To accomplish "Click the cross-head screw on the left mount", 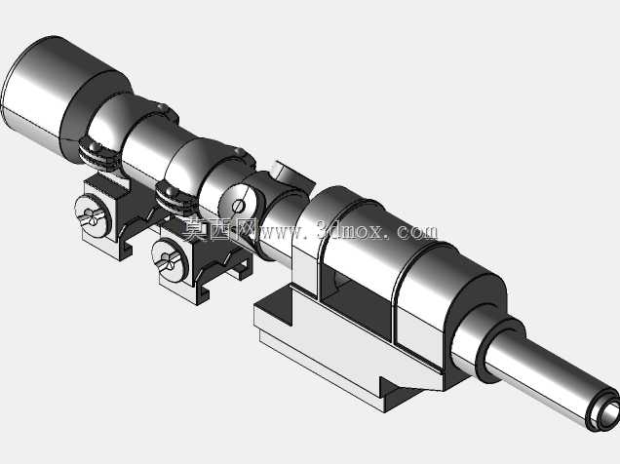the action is pos(92,216).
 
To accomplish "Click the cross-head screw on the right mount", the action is pos(170,261).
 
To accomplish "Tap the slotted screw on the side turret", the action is pos(239,206).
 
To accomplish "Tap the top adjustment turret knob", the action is pos(291,174).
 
